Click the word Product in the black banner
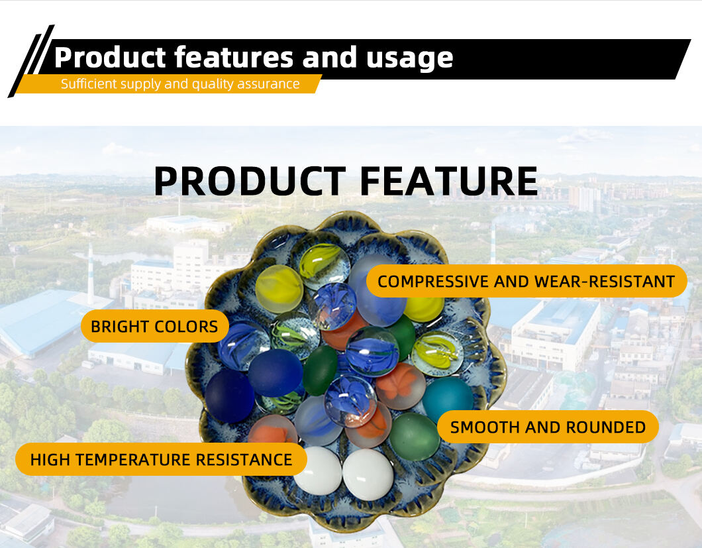tap(110, 58)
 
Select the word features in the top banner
tap(234, 58)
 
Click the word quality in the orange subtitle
tap(212, 84)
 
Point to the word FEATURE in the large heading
tap(448, 182)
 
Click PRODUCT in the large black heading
tap(250, 182)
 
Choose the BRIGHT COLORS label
tap(154, 326)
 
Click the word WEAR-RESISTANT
tap(605, 282)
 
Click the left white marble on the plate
tap(319, 471)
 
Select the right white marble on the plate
tap(368, 474)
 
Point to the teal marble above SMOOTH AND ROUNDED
tap(448, 397)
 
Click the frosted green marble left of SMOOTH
tap(414, 437)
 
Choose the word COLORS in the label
tap(188, 326)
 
